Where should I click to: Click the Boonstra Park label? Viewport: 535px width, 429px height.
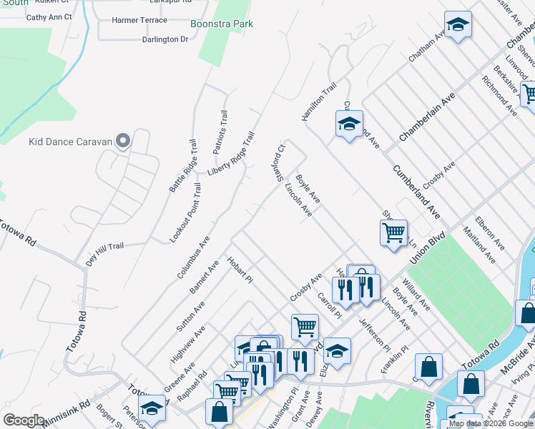click(222, 24)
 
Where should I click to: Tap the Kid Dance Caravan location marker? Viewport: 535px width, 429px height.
click(123, 141)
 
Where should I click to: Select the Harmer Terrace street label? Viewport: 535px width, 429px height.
click(139, 20)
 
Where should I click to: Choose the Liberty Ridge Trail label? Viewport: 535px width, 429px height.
click(232, 153)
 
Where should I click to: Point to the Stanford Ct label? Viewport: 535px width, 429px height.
click(278, 163)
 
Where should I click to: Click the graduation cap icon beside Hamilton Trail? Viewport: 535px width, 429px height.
click(350, 124)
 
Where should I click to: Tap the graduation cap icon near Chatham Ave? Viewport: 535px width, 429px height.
click(458, 25)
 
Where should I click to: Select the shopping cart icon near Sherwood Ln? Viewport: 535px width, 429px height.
click(393, 232)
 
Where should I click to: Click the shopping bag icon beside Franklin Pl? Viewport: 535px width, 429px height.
click(428, 366)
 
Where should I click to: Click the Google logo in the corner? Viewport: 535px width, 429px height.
click(24, 420)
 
